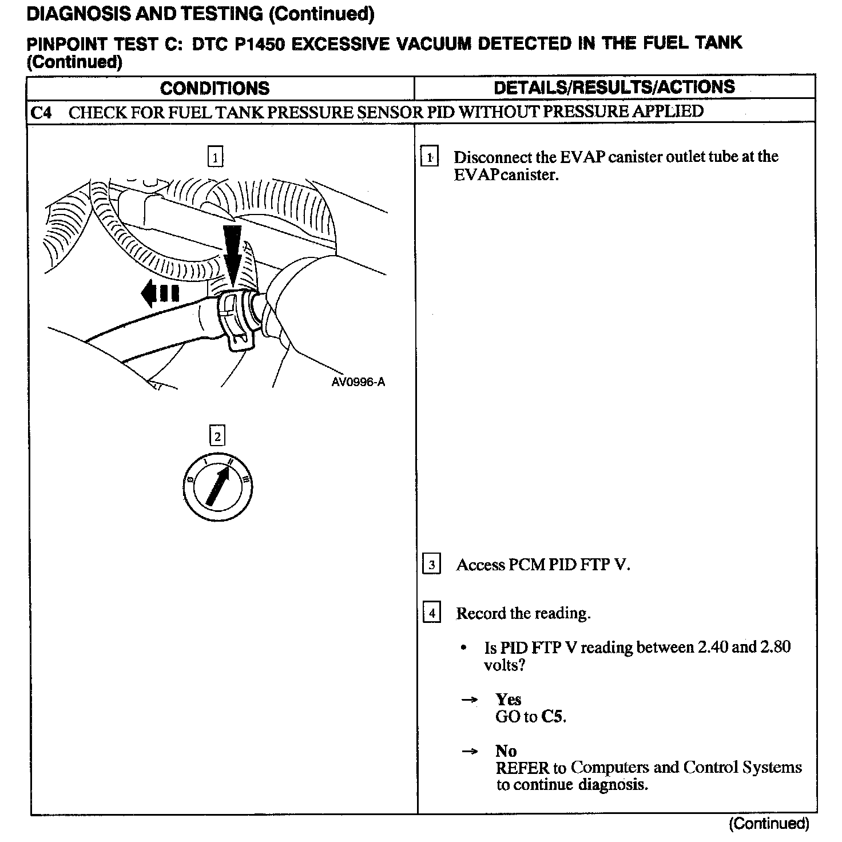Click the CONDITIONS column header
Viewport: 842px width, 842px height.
(x=215, y=88)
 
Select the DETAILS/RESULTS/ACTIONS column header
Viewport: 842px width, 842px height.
(x=614, y=87)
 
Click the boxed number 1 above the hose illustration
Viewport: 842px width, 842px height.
(x=215, y=157)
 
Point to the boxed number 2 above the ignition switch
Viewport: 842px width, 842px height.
(x=217, y=437)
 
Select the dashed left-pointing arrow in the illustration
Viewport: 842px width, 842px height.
(x=160, y=293)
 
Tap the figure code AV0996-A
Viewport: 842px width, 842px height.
(x=358, y=382)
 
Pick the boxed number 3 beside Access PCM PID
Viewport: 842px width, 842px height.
(x=431, y=565)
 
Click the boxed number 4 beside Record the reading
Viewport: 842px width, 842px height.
(x=431, y=614)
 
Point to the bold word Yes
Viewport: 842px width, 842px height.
(x=508, y=700)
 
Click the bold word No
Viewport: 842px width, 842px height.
(x=506, y=750)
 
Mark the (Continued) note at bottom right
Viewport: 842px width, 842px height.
(x=769, y=824)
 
